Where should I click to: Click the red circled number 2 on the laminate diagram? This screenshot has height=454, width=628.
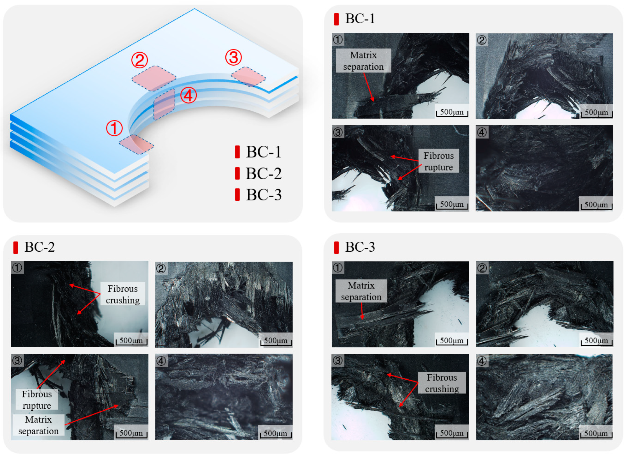pos(140,60)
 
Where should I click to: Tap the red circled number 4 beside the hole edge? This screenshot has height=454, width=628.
pos(188,95)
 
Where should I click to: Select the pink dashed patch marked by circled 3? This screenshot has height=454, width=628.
pos(248,76)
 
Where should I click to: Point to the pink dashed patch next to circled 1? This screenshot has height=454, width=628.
pos(136,144)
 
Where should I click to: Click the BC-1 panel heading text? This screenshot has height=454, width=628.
pos(360,19)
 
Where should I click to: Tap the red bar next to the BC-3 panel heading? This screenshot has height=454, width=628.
pos(336,248)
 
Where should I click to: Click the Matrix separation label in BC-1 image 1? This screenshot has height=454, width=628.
pos(363,61)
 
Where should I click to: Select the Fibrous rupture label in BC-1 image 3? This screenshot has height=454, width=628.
pos(438,161)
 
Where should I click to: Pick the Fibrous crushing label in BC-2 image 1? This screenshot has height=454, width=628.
pos(123,294)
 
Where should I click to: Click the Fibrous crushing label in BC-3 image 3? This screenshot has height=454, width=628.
pos(442,383)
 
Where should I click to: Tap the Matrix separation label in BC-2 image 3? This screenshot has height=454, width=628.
pos(38,425)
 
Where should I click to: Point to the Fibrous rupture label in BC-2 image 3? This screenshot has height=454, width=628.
pos(37,399)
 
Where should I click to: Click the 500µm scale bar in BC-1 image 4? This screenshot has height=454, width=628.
pos(596,205)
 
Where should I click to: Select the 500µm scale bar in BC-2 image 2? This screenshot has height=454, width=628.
pos(276,341)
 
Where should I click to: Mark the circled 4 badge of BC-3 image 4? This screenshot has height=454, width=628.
pos(482,361)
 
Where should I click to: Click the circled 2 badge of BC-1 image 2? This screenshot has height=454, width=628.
pos(482,40)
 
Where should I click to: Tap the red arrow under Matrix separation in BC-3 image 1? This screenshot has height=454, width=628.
pos(362,311)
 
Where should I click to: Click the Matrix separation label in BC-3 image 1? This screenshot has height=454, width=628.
pos(361,291)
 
